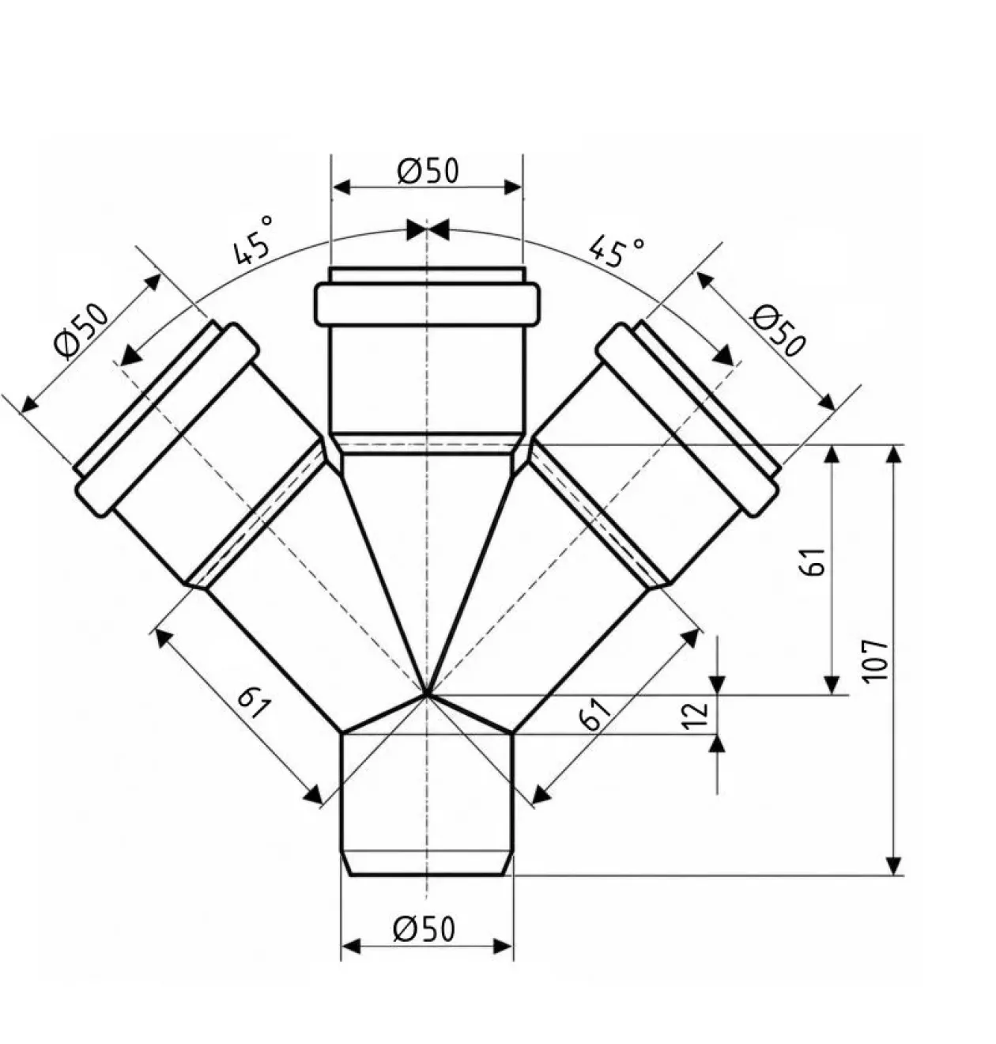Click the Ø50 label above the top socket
point(428,171)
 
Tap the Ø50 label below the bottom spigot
point(424,929)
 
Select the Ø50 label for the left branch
point(81,331)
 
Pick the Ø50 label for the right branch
point(779,331)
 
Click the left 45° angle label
point(254,240)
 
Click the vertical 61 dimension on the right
point(813,562)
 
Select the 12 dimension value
point(697,715)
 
